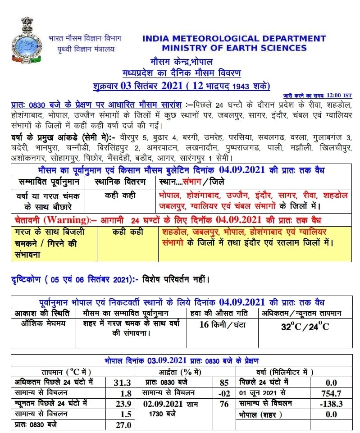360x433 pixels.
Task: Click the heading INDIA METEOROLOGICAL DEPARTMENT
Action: point(234,39)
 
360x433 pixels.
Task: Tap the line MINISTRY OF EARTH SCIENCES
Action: point(234,48)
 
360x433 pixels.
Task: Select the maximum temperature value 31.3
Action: point(123,383)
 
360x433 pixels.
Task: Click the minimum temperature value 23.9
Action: point(123,403)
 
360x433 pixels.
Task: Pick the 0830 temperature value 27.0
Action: point(123,424)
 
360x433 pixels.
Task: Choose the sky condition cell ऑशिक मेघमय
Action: point(40,324)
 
